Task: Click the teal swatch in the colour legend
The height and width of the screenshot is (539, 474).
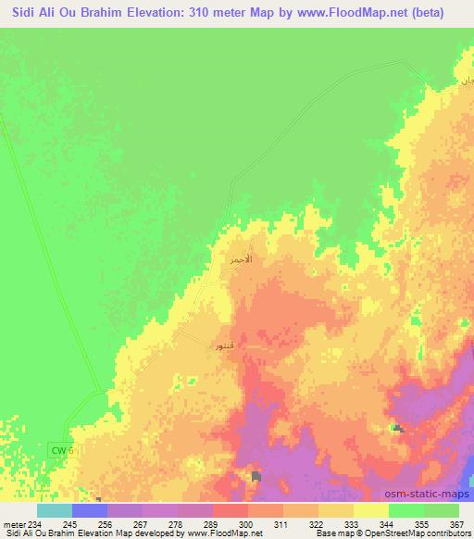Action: pyautogui.click(x=55, y=510)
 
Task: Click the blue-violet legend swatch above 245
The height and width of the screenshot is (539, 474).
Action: pyautogui.click(x=90, y=510)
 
